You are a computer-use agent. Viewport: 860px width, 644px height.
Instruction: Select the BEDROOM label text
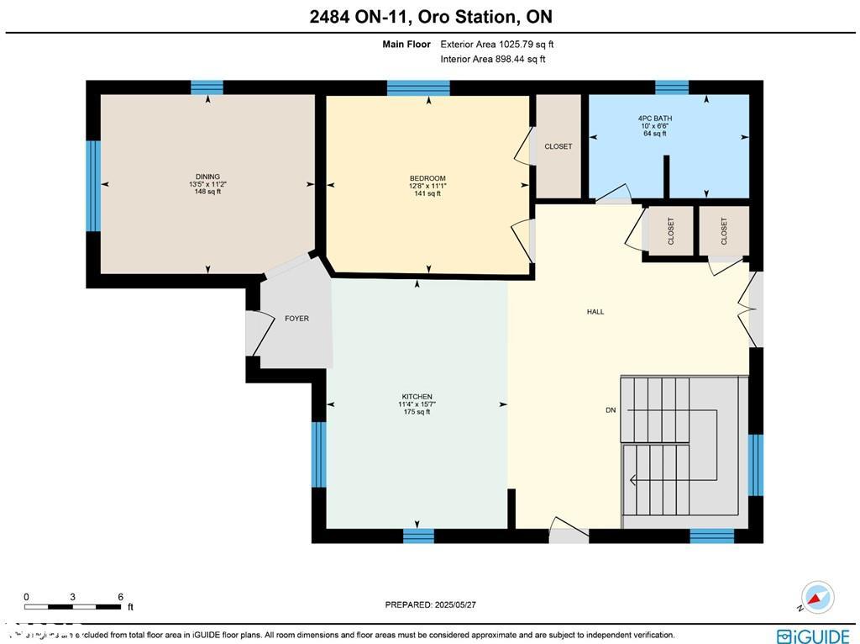tap(427, 178)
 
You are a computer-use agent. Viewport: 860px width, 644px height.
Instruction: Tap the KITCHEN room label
tap(417, 397)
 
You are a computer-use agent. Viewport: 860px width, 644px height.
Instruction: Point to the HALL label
tap(595, 312)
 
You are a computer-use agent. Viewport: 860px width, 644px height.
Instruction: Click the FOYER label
tap(296, 319)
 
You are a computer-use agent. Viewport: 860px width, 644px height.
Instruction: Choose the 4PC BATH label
tap(654, 119)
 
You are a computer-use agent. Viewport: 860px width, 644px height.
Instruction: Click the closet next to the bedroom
tap(558, 146)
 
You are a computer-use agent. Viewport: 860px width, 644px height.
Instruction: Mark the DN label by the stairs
tap(611, 410)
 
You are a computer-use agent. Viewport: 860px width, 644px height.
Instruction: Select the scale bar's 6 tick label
tap(121, 596)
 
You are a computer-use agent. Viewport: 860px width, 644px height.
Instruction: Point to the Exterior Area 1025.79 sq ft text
tap(496, 45)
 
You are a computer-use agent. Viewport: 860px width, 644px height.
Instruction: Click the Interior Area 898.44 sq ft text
tap(492, 60)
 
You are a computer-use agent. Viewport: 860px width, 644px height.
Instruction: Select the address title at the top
tap(429, 17)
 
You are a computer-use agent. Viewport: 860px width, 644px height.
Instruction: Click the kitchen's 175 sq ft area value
tap(417, 412)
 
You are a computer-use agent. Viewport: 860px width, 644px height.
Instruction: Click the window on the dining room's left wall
tap(93, 186)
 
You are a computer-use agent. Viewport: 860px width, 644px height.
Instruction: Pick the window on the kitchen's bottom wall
tap(418, 536)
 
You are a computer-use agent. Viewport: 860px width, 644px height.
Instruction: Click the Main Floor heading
tap(406, 45)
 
